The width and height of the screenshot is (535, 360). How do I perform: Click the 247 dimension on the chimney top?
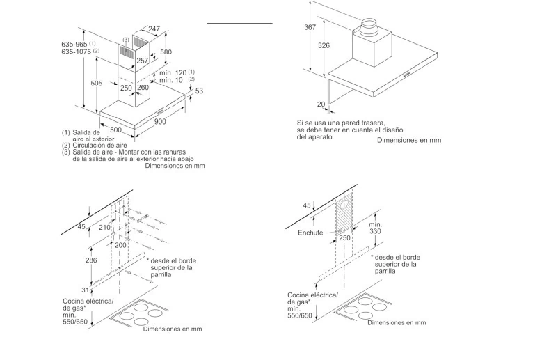click(154, 29)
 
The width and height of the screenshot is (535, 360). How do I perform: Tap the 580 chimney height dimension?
click(166, 52)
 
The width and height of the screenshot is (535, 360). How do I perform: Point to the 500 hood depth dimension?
click(116, 130)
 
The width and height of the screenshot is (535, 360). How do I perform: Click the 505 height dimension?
click(97, 84)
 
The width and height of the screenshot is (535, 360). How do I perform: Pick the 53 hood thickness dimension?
click(199, 91)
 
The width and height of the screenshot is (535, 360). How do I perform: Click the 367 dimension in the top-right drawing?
click(310, 27)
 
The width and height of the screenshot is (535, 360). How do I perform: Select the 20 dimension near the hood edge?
click(321, 104)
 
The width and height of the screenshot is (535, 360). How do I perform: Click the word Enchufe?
click(310, 233)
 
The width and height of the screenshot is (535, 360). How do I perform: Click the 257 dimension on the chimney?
click(141, 61)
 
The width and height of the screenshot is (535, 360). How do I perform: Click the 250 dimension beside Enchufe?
click(343, 238)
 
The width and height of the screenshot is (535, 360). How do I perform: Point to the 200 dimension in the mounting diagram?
click(121, 245)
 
